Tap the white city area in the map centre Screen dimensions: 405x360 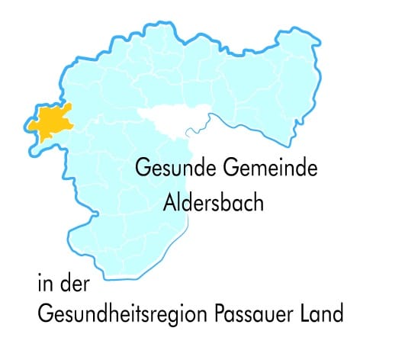pyautogui.click(x=169, y=119)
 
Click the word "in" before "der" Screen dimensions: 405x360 pyautogui.click(x=44, y=286)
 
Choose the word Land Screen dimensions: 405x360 pyautogui.click(x=325, y=313)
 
